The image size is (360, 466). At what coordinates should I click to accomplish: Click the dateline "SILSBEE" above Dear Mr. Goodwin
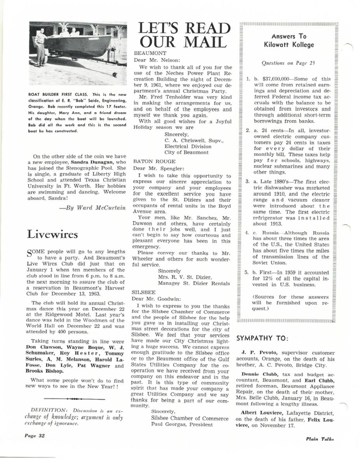[142, 291]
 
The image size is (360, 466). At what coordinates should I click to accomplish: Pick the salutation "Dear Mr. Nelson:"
[152, 60]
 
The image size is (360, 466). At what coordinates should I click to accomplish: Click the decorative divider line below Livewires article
[75, 399]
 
